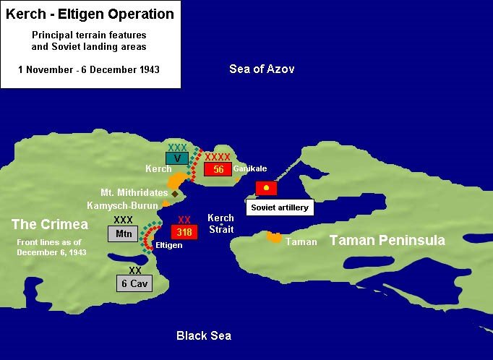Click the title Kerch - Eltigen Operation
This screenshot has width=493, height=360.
pos(90,14)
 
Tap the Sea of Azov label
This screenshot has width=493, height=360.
pos(262,69)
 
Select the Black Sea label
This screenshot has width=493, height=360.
pos(204,335)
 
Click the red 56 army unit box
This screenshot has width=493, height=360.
pos(218,169)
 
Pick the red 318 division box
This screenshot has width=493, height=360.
pos(184,232)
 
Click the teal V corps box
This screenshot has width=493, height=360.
pos(177,158)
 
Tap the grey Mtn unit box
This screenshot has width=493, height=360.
pos(124,233)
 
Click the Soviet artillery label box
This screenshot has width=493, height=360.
pos(280,207)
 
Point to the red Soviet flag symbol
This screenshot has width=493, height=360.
pos(266,188)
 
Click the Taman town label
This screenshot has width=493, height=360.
pos(301,242)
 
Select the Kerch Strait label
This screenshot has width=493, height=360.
pos(220,223)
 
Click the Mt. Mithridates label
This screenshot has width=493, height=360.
pos(134,193)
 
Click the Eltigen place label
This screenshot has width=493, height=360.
pos(168,246)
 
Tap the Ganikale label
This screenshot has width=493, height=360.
pos(249,168)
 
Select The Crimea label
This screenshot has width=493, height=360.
pos(50,224)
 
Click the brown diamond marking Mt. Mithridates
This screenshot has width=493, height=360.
pos(175,194)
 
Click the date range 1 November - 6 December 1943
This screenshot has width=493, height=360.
pos(89,69)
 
